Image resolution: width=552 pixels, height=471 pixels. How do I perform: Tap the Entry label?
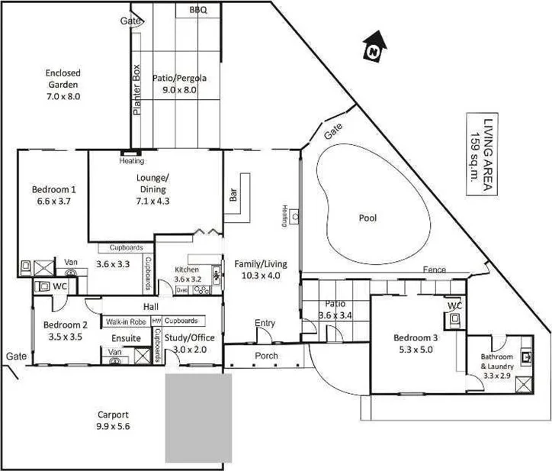tap(265, 323)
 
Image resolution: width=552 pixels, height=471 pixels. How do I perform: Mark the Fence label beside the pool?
tap(435, 269)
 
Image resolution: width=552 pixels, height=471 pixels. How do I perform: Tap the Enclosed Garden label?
tap(63, 85)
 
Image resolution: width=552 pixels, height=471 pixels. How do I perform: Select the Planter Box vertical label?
tap(138, 90)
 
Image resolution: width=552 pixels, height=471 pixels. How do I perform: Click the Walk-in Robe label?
tap(127, 321)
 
